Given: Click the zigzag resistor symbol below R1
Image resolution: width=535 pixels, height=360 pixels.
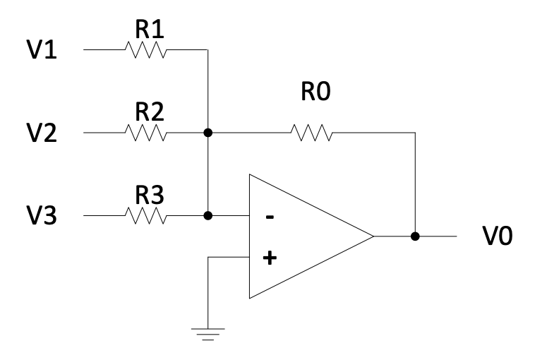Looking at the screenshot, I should (x=145, y=50).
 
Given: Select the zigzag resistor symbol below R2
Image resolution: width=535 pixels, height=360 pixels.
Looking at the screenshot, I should (x=145, y=133).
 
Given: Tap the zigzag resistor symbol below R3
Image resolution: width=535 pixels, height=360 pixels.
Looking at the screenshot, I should (x=145, y=215).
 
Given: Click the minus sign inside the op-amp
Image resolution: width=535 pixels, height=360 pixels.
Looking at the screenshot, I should (x=269, y=217).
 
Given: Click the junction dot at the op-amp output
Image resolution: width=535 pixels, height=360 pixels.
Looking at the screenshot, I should (x=415, y=237).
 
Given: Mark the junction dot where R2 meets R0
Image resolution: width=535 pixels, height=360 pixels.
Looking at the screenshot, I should (x=208, y=133).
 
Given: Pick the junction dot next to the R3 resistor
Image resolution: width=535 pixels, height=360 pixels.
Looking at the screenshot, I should (x=208, y=215).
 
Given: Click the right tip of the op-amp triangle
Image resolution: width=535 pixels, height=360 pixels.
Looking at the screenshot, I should (x=373, y=237).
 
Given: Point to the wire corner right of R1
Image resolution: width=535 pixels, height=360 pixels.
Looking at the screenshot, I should (x=208, y=50).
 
